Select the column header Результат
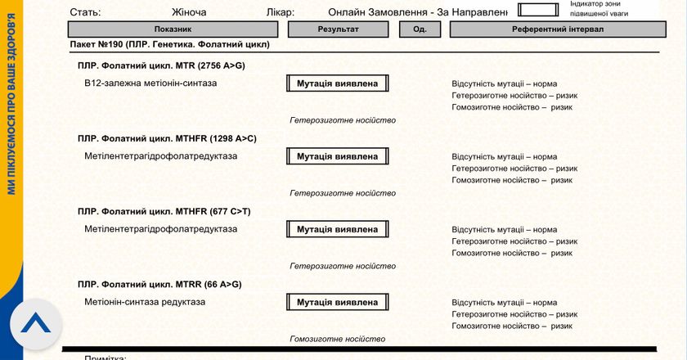(338, 29)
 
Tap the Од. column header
(420, 29)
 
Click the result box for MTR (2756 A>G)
(337, 83)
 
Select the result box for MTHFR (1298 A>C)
(337, 156)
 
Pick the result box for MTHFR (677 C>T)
(337, 229)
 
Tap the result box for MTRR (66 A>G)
(337, 302)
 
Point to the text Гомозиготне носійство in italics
(337, 339)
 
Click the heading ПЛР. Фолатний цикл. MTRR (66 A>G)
(159, 284)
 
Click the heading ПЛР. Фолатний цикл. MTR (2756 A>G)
(156, 65)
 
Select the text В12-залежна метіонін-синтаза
(150, 83)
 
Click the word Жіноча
(189, 12)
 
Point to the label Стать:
(86, 12)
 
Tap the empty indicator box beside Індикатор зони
(540, 10)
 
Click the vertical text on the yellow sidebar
(11, 106)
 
